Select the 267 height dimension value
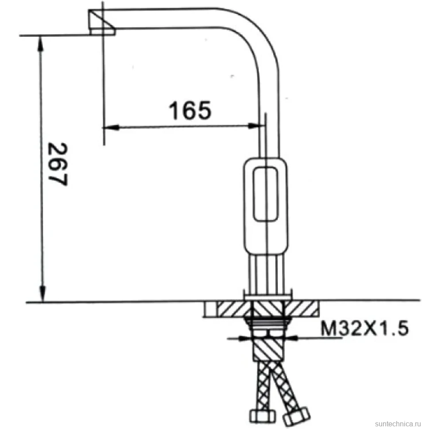[x=57, y=164]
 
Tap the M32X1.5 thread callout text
[x=364, y=328]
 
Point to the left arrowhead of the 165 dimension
[x=111, y=127]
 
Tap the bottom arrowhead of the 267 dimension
[x=43, y=294]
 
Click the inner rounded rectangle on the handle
[x=265, y=194]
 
